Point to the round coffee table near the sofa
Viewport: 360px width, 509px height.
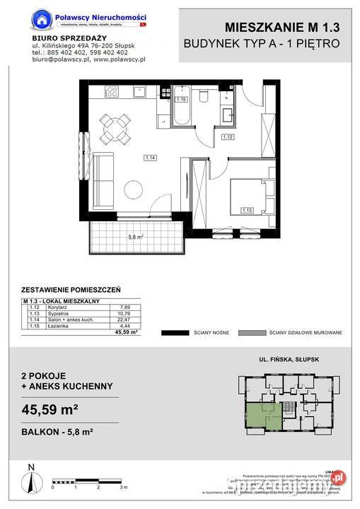click(x=134, y=189)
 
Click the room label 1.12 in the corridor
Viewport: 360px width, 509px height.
click(x=227, y=136)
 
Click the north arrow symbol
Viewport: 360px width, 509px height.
click(x=30, y=479)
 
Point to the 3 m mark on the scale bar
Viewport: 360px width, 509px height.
click(x=122, y=488)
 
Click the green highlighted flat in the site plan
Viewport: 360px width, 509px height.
click(x=260, y=411)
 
